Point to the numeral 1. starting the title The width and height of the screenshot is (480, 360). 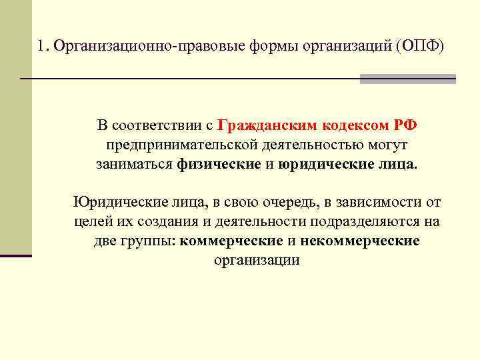pyautogui.click(x=43, y=46)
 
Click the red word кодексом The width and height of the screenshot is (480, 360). pyautogui.click(x=351, y=126)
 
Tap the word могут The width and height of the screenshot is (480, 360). pyautogui.click(x=390, y=145)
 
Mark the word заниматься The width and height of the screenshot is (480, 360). pyautogui.click(x=133, y=164)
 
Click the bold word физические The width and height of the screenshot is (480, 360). pyautogui.click(x=220, y=164)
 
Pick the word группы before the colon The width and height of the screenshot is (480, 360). pyautogui.click(x=151, y=241)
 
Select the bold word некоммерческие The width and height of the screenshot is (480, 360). pyautogui.click(x=360, y=241)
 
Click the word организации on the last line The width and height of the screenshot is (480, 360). pyautogui.click(x=257, y=260)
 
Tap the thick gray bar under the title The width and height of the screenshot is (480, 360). pyautogui.click(x=407, y=79)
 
